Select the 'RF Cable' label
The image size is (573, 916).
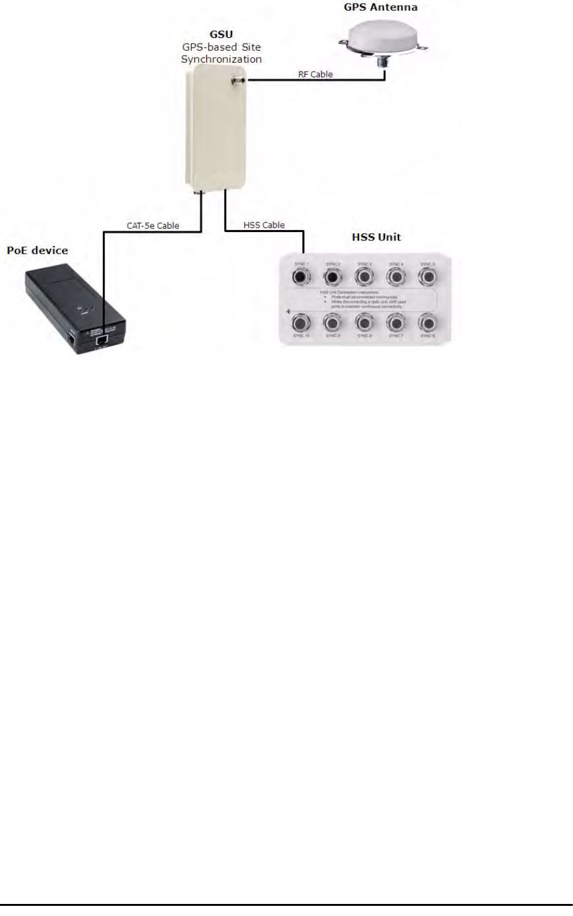click(315, 75)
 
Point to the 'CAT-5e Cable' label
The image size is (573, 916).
click(154, 225)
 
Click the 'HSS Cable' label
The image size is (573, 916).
click(264, 225)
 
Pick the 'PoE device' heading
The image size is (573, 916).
click(37, 251)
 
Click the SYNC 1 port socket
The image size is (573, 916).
click(299, 276)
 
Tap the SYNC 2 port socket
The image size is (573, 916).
click(331, 276)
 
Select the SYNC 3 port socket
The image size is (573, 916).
click(364, 276)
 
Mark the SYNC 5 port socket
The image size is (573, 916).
click(429, 276)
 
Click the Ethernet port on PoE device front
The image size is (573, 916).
click(100, 340)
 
